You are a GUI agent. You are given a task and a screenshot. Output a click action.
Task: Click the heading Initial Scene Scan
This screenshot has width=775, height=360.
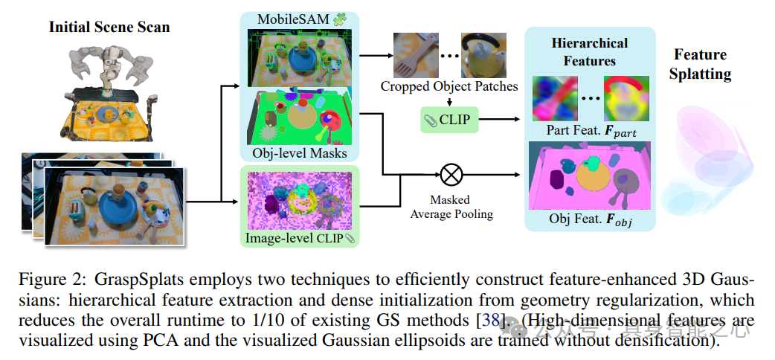pyautogui.click(x=109, y=28)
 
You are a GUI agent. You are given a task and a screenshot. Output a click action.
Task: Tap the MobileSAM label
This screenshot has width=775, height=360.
pyautogui.click(x=292, y=18)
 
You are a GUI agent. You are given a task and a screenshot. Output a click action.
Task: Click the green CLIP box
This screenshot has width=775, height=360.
pyautogui.click(x=450, y=119)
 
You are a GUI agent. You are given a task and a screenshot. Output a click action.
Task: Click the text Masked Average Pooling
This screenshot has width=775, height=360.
pyautogui.click(x=450, y=208)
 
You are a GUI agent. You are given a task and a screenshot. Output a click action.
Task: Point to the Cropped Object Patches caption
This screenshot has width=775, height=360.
pyautogui.click(x=449, y=86)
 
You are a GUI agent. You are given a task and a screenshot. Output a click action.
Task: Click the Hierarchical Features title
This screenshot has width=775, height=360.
pyautogui.click(x=590, y=51)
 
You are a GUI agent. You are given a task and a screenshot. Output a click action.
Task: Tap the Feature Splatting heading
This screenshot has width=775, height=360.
pyautogui.click(x=700, y=64)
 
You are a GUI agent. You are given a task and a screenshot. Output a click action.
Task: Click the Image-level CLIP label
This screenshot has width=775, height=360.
pyautogui.click(x=295, y=239)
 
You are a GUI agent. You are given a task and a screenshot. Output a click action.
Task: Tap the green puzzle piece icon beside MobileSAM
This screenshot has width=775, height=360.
pyautogui.click(x=341, y=18)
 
